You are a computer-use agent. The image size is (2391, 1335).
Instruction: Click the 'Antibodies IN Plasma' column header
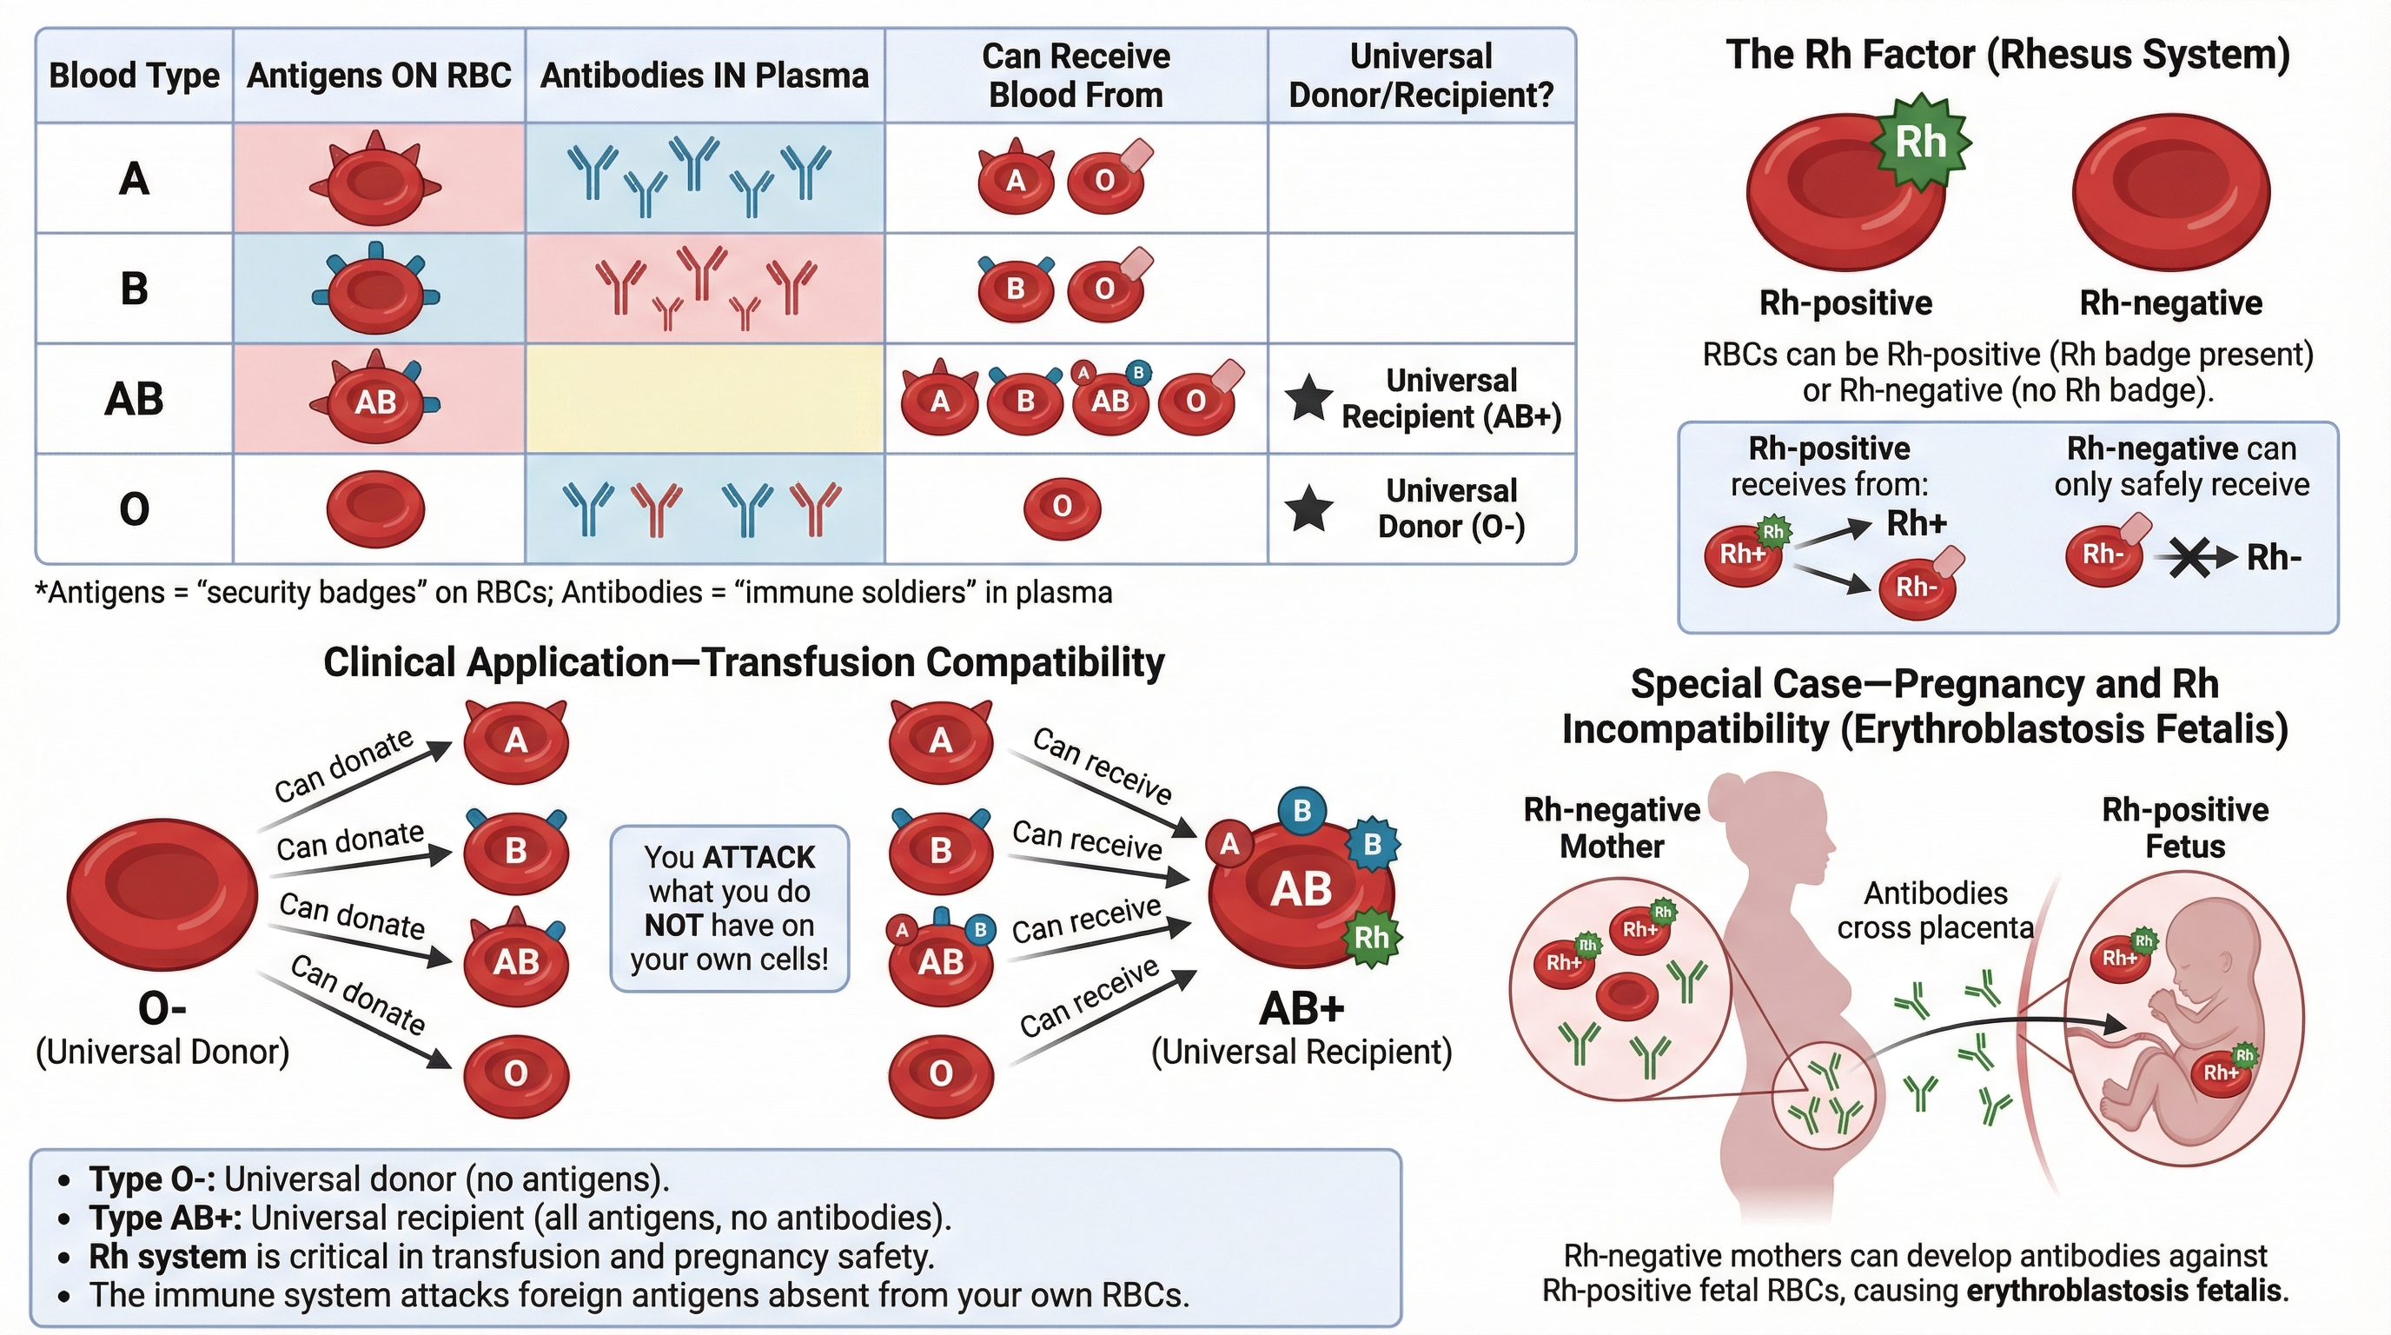tap(705, 76)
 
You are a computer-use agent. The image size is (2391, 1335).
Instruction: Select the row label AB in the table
tap(135, 399)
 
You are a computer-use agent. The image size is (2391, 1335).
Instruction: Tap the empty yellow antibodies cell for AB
tap(705, 399)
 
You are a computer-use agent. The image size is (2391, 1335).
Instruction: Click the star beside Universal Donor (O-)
tap(1308, 508)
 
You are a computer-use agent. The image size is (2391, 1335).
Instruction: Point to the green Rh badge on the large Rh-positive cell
tap(1920, 142)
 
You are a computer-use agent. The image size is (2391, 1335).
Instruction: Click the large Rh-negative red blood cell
tap(2170, 192)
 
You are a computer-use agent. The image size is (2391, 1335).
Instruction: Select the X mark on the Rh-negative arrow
tap(2189, 558)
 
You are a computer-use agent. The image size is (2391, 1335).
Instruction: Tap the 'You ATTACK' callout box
tap(730, 908)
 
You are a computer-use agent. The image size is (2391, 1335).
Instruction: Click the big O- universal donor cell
tap(162, 893)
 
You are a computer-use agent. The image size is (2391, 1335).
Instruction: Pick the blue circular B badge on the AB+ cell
tap(1301, 810)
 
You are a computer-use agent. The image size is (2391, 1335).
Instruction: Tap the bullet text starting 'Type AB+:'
tap(520, 1218)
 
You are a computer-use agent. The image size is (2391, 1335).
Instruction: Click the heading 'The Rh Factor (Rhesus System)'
tap(2007, 55)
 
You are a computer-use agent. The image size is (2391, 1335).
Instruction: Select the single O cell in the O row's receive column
tap(1062, 507)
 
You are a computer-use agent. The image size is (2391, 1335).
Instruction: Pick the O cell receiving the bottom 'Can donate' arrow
tap(515, 1074)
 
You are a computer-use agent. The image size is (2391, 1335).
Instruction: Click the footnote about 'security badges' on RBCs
tap(573, 592)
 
